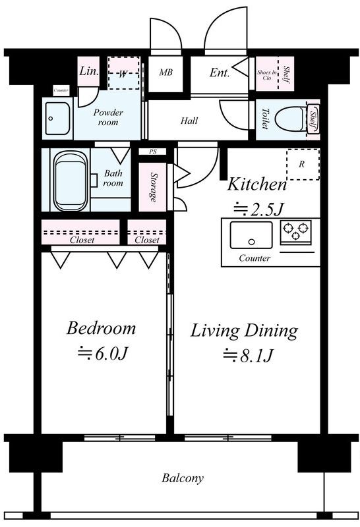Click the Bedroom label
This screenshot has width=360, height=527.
[x=101, y=328]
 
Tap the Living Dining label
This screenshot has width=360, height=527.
[x=244, y=331]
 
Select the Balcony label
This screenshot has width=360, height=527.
[x=183, y=478]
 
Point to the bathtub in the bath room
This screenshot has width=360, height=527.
[x=71, y=180]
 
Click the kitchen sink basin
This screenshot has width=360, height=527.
[x=251, y=235]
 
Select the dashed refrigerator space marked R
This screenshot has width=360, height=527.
[x=303, y=164]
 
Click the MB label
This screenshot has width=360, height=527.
[x=166, y=72]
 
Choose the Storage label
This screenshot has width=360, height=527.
[x=154, y=188]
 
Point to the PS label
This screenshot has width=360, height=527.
[x=153, y=152]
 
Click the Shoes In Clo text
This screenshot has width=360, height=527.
[x=267, y=74]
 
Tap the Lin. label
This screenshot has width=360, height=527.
[x=89, y=71]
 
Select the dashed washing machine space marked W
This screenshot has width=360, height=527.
[x=123, y=73]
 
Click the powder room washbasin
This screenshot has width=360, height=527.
[x=57, y=119]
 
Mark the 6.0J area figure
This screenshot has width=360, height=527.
[x=103, y=353]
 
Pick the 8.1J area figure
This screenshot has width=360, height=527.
[x=248, y=356]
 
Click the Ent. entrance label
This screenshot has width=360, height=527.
[x=220, y=72]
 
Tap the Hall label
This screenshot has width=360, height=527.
[x=189, y=121]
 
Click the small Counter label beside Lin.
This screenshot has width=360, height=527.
[x=61, y=90]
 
